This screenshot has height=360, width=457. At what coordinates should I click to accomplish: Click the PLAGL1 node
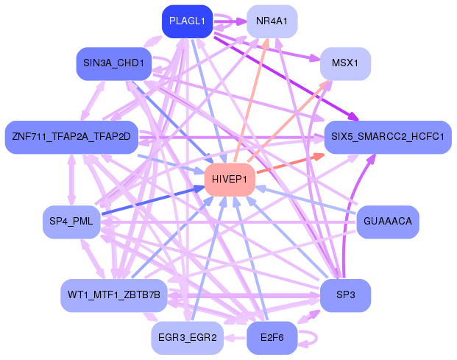click(187, 21)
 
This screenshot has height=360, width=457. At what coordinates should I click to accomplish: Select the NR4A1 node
click(272, 21)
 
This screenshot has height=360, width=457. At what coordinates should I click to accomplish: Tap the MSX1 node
click(344, 63)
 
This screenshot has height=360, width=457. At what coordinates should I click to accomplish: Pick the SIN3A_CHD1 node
click(113, 63)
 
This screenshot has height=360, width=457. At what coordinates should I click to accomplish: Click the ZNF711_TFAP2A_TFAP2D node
click(71, 137)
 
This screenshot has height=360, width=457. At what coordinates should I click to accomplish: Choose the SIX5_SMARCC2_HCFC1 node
click(387, 137)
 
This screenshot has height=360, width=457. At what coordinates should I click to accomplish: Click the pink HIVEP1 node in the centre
click(230, 180)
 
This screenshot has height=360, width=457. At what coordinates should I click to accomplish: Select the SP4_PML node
click(71, 221)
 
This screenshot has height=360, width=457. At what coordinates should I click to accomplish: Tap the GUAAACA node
click(387, 221)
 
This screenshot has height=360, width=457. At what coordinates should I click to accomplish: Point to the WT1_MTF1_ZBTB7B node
click(113, 294)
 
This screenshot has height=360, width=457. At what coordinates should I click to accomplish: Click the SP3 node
click(344, 294)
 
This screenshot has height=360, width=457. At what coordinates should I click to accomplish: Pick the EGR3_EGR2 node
click(187, 338)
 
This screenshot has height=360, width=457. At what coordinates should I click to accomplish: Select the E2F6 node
click(272, 338)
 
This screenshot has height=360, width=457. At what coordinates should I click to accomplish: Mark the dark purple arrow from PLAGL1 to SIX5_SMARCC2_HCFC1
click(287, 77)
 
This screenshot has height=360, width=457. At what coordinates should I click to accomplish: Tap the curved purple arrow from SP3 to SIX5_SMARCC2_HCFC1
click(363, 213)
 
